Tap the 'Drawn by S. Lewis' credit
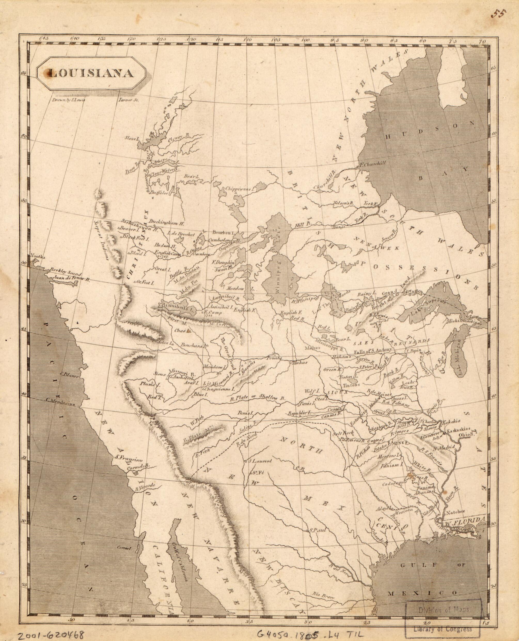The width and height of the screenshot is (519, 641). pos(69,100)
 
